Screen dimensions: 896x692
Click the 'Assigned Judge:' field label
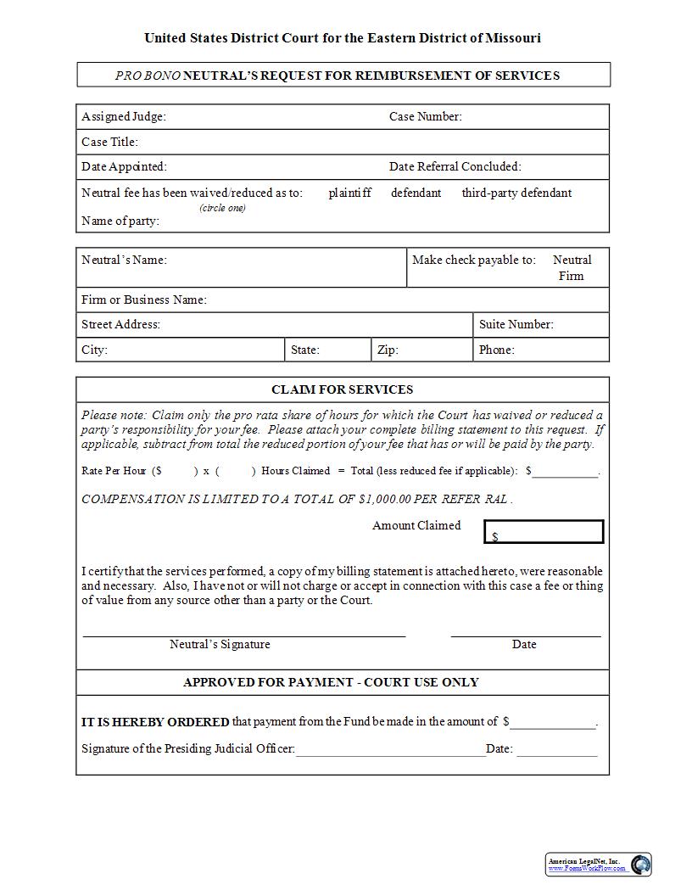point(124,116)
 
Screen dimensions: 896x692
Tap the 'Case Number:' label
point(426,116)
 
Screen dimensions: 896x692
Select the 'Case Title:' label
point(109,142)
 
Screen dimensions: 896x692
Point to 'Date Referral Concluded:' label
point(455,166)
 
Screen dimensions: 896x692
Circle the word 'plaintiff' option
point(350,193)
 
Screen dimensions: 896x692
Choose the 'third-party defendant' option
point(516,193)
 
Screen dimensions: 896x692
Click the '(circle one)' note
point(223,208)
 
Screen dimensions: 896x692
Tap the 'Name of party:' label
point(120,221)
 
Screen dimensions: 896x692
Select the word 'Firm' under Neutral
point(572,276)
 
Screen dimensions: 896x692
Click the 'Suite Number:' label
point(516,324)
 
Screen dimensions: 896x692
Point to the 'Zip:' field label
point(388,350)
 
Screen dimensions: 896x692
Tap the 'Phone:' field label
point(497,350)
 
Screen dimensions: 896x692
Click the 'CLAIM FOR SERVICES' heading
point(343,389)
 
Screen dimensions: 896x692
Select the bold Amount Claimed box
point(544,532)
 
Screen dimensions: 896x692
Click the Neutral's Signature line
point(244,634)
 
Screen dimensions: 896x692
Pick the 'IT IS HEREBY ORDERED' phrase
point(155,722)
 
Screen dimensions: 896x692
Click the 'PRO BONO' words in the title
point(148,76)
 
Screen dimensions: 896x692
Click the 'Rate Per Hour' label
point(114,471)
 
